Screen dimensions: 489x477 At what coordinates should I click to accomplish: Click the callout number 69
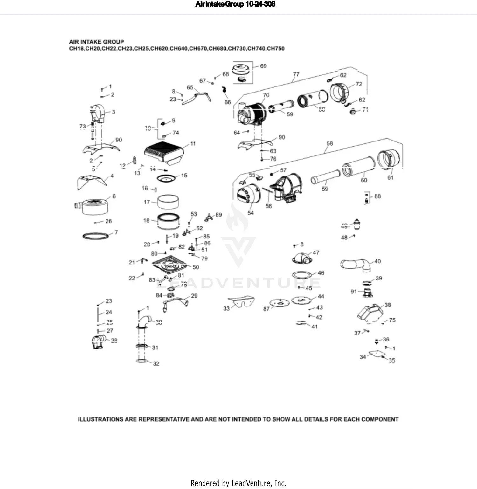[263, 66]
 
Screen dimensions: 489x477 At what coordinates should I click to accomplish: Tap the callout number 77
[296, 74]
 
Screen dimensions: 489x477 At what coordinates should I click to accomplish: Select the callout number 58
[330, 143]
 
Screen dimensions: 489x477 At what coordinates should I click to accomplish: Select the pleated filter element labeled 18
[169, 221]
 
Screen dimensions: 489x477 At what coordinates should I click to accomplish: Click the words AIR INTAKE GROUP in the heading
[96, 42]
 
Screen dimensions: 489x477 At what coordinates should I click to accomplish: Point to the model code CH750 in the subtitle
[276, 49]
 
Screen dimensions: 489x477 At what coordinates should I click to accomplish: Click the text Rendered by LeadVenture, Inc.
[238, 483]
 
